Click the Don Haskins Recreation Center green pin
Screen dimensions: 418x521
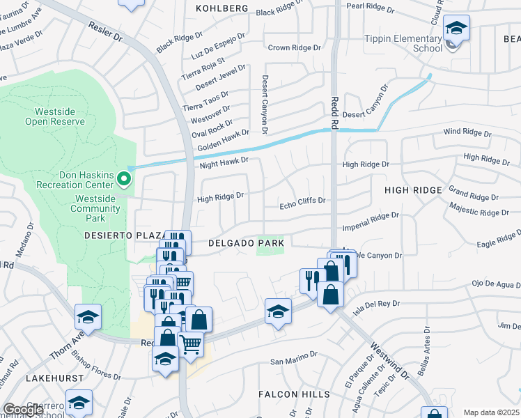(124, 180)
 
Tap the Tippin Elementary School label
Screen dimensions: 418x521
(403, 43)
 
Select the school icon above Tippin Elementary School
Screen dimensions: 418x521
(456, 29)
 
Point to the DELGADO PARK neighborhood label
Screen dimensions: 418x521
(246, 243)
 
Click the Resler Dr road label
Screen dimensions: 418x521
(104, 29)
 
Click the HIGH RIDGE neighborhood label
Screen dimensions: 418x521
(413, 190)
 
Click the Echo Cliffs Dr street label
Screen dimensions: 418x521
(302, 201)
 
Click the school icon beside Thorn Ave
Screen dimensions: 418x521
(88, 317)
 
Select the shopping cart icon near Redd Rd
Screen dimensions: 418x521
(190, 342)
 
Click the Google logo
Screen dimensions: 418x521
(23, 410)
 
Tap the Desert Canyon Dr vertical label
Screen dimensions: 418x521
(265, 101)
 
